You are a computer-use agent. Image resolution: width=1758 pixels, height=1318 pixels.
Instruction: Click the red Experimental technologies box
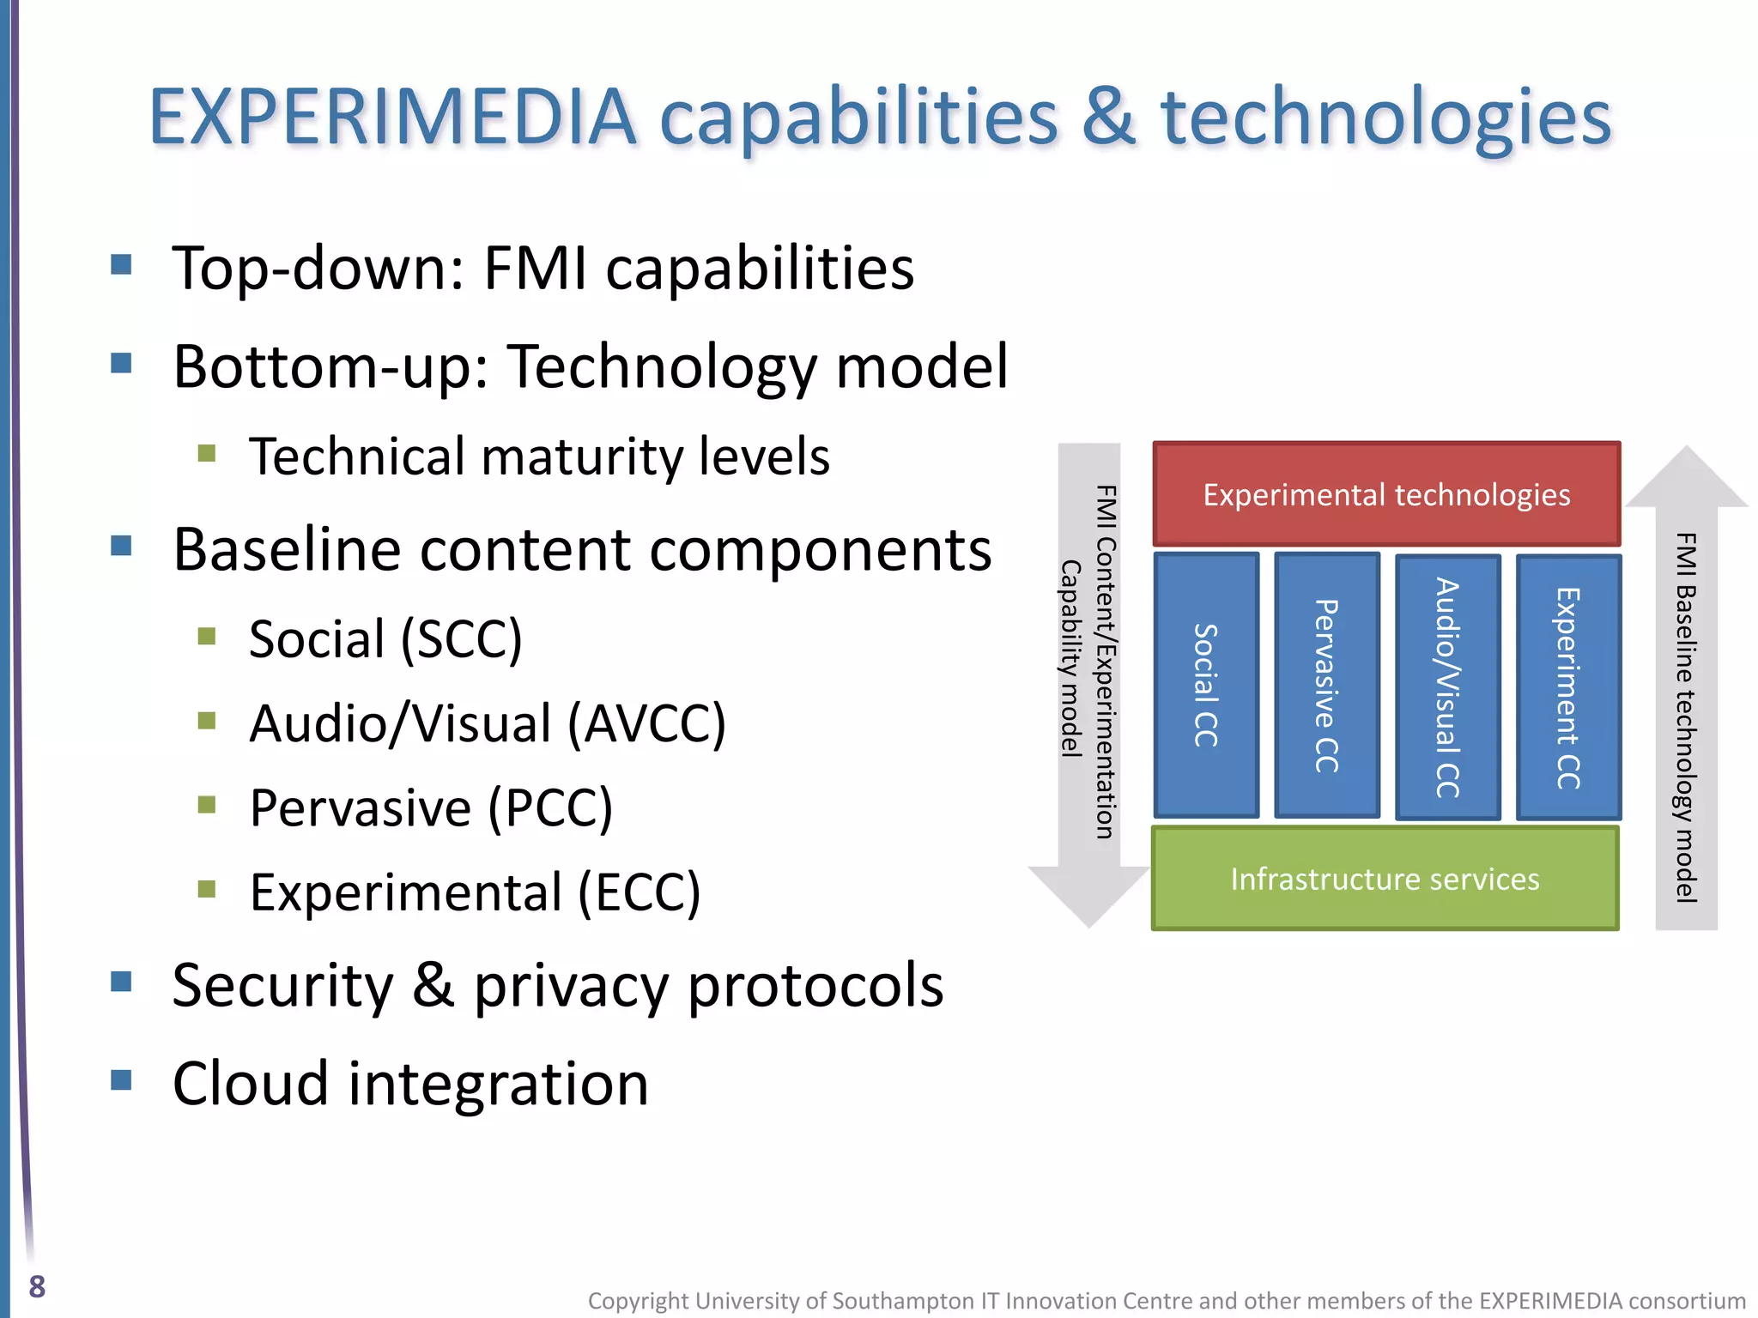coord(1386,494)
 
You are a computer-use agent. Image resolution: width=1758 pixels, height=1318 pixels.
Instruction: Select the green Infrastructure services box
coord(1385,879)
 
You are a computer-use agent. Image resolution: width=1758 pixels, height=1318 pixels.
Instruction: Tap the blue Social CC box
coord(1206,685)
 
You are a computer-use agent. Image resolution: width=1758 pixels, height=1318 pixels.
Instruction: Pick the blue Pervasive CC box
coord(1327,685)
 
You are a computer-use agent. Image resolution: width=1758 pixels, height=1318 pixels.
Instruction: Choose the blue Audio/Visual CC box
coord(1448,686)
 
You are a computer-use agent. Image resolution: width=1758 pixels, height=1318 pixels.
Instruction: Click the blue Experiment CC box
coord(1568,686)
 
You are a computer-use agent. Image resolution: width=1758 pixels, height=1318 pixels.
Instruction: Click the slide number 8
coord(37,1286)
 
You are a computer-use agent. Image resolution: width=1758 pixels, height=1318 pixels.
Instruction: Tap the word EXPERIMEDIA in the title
coord(392,118)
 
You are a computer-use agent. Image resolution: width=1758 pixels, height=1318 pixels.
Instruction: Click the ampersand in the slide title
coord(1108,118)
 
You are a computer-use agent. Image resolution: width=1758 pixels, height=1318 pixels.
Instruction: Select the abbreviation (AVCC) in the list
coord(647,723)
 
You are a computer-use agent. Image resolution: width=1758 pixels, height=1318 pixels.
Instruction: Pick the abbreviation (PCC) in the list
coord(550,808)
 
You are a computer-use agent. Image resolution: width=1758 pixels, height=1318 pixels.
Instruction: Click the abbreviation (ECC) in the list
coord(640,892)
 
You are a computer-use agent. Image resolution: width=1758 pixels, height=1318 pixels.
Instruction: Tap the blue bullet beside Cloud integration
coord(121,1079)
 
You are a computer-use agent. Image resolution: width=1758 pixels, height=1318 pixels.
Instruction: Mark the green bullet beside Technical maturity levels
coord(206,452)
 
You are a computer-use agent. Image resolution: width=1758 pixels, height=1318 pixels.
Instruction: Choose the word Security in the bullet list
coord(282,986)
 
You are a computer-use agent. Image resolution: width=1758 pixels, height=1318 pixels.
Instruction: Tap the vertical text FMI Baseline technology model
coord(1686,716)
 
